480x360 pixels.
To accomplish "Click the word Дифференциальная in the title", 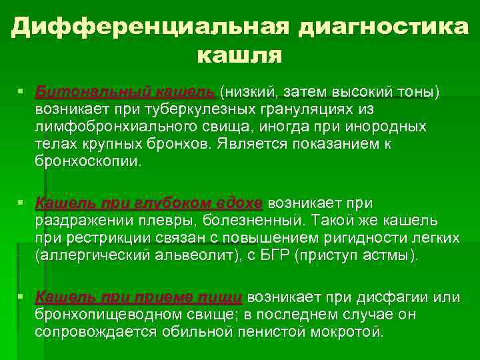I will [151, 26].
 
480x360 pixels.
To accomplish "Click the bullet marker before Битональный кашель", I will [23, 91].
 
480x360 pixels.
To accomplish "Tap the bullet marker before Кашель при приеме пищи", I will [23, 296].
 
